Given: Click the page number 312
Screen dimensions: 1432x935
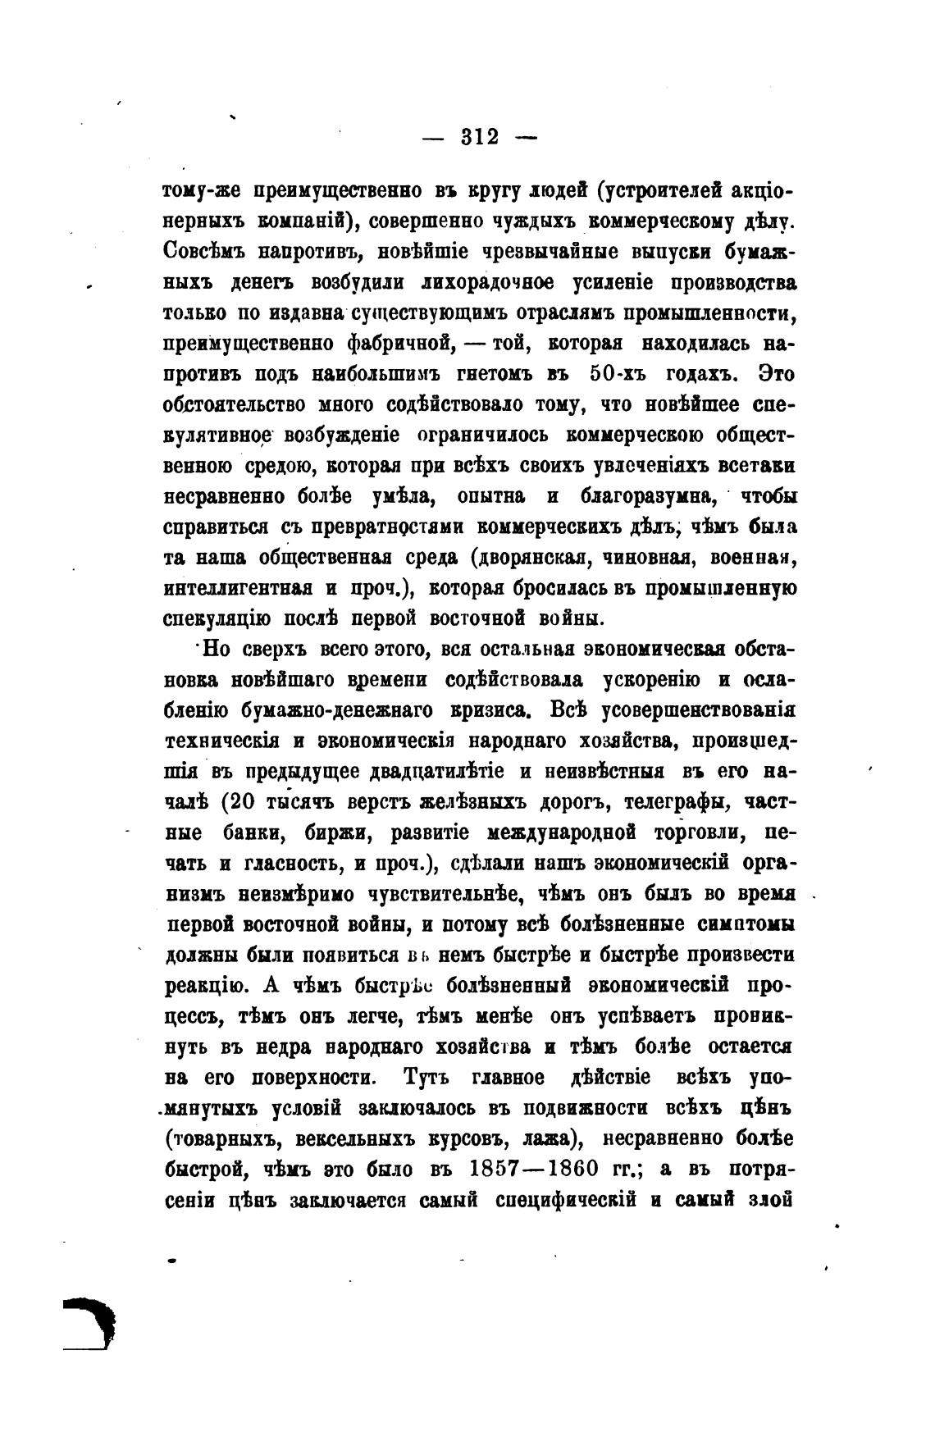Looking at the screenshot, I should (480, 137).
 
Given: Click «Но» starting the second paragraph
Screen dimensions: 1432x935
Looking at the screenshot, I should (216, 650).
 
